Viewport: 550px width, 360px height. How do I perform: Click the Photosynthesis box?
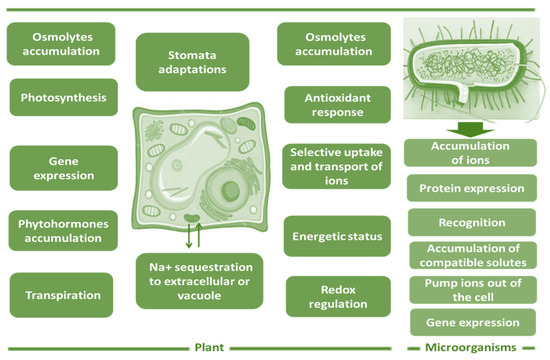(x=63, y=97)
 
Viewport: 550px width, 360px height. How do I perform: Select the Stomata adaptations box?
(x=192, y=62)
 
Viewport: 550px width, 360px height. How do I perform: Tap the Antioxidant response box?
(x=337, y=105)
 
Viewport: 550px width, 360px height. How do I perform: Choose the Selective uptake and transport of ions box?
(x=336, y=166)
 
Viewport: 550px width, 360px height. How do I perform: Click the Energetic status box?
(x=337, y=236)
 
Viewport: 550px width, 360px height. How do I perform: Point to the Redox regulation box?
(x=338, y=296)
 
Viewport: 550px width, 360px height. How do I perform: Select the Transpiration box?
(x=61, y=295)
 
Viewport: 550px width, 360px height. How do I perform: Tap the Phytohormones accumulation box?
(x=63, y=231)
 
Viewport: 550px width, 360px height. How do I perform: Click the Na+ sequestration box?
(x=199, y=281)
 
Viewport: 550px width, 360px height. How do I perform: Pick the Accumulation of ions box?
(x=470, y=153)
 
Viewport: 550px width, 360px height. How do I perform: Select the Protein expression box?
(x=472, y=188)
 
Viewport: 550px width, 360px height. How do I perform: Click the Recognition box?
(x=472, y=222)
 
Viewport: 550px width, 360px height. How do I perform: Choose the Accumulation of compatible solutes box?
(x=473, y=255)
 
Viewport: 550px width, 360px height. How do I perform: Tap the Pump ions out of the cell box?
(x=473, y=290)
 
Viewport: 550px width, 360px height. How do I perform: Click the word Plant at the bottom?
(x=209, y=347)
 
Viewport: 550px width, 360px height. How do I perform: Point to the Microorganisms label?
(x=471, y=347)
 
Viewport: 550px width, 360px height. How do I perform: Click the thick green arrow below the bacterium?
(x=470, y=129)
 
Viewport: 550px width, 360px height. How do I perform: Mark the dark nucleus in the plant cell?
(x=230, y=192)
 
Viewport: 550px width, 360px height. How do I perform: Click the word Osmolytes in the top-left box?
(x=62, y=37)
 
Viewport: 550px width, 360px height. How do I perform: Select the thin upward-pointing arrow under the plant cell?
(x=199, y=234)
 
